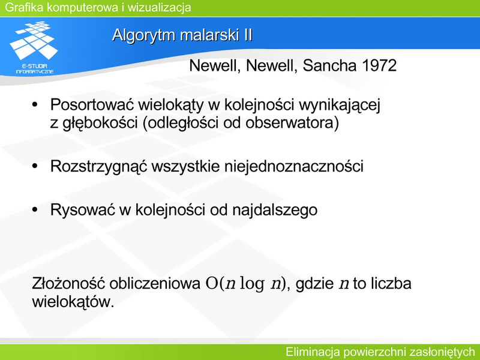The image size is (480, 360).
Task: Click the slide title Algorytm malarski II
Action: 182,35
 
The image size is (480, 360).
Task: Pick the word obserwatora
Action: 292,123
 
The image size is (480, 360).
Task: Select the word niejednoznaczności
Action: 294,167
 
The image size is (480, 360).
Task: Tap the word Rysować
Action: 83,210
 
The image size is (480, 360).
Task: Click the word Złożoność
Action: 68,283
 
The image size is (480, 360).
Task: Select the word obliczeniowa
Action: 155,283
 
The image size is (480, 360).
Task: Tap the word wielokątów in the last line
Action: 73,302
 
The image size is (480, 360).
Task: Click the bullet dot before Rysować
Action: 35,210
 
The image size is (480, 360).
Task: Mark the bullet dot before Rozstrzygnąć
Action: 35,166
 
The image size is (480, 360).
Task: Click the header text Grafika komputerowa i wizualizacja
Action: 98,7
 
